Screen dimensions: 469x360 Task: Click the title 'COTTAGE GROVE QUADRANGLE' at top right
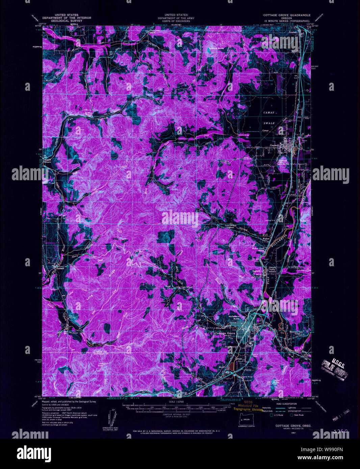click(287, 16)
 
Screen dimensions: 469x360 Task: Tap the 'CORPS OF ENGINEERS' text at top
click(176, 21)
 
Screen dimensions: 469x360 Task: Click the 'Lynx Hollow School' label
click(230, 226)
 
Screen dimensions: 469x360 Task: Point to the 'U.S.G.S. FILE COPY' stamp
click(334, 369)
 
